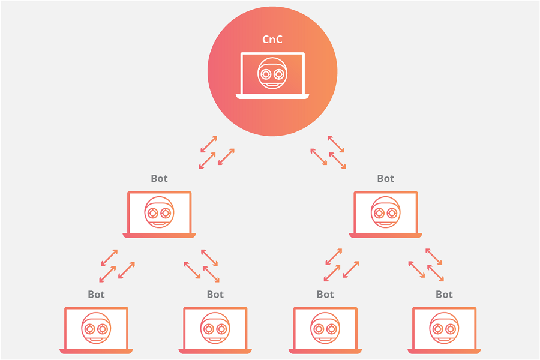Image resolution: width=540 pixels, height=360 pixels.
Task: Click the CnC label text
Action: point(272,40)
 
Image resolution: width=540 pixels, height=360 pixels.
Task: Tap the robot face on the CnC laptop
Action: point(272,74)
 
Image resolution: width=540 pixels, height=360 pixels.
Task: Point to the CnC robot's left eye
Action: point(266,74)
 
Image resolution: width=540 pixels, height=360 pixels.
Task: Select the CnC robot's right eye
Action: point(279,74)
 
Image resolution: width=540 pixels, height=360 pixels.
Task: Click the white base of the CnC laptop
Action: point(272,96)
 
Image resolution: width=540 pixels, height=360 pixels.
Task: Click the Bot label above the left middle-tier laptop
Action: point(159,178)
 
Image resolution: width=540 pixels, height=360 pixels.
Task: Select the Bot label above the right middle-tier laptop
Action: point(385,178)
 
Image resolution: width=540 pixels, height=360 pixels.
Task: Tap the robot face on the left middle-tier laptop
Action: point(159,212)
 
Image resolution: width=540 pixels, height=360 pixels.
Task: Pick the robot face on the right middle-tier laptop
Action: point(385,212)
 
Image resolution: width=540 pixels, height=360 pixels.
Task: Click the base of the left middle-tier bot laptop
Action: point(159,235)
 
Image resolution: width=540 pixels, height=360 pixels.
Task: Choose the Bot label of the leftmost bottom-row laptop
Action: point(96,295)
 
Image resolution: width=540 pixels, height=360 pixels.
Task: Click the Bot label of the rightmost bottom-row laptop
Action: point(444,295)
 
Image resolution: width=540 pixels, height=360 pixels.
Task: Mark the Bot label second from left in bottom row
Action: point(215,295)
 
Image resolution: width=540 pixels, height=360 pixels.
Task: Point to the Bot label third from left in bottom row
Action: point(325,295)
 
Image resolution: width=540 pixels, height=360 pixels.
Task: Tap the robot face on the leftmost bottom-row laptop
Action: point(96,328)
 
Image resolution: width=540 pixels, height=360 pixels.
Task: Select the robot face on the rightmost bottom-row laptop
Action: point(444,328)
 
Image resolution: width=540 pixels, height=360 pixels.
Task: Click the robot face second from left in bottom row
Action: point(215,328)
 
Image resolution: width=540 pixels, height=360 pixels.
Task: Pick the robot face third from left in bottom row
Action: point(325,328)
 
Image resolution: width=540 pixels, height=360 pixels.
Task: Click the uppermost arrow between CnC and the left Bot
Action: point(209,143)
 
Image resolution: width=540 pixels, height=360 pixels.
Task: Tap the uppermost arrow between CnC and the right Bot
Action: point(336,143)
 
